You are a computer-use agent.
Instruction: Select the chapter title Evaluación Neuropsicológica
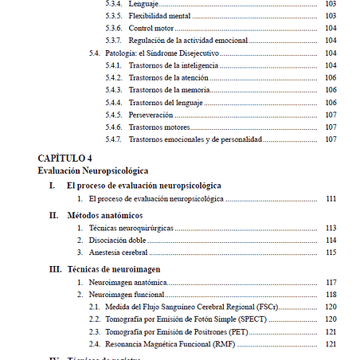[x=92, y=170]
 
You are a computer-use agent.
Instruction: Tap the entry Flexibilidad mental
[x=158, y=16]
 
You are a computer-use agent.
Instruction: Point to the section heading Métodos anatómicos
[x=105, y=215]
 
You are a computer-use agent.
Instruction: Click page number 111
[x=331, y=198]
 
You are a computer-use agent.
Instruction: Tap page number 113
[x=331, y=228]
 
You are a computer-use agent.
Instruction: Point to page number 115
[x=331, y=252]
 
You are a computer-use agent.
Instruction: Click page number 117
[x=331, y=282]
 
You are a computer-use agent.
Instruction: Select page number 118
[x=331, y=294]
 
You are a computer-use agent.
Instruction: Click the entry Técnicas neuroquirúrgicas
[x=131, y=228]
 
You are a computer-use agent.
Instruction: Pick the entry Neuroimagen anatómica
[x=128, y=282]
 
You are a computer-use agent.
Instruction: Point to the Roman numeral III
[x=55, y=268]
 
